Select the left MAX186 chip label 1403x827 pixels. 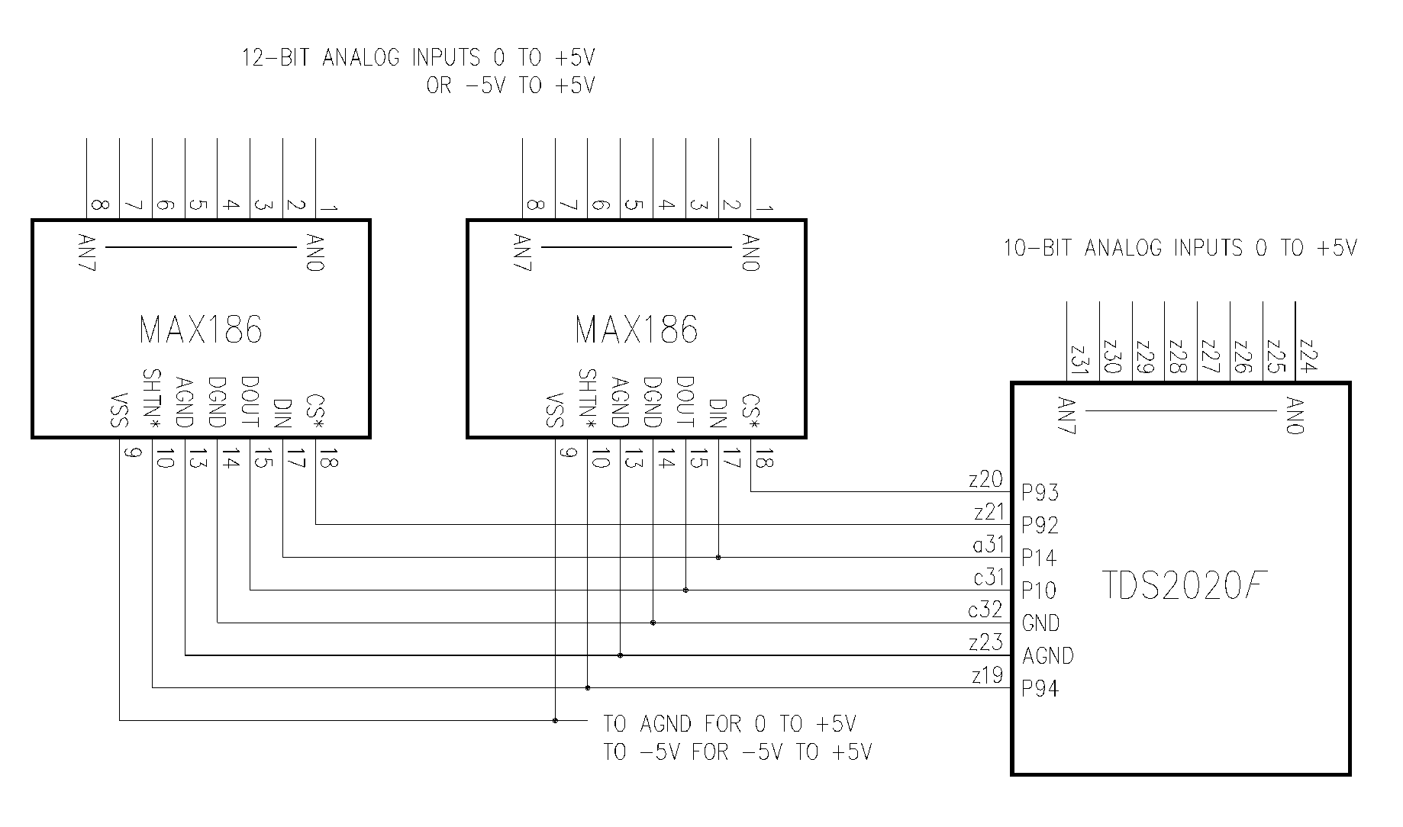click(x=201, y=330)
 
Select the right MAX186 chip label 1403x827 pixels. click(x=637, y=330)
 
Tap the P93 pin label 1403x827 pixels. click(x=1040, y=493)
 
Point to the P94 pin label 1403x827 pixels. click(x=1040, y=689)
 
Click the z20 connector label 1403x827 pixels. click(x=985, y=479)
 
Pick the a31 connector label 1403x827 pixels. click(x=988, y=544)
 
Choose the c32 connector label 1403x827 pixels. click(x=985, y=610)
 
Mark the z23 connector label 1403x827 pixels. click(x=985, y=642)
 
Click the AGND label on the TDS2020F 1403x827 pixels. click(x=1048, y=656)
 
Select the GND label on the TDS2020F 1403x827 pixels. click(x=1040, y=623)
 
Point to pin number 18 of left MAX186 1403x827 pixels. click(x=328, y=461)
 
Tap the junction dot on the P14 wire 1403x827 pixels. click(x=718, y=558)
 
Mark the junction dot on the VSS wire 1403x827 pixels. click(x=555, y=720)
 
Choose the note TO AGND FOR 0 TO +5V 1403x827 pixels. click(x=730, y=723)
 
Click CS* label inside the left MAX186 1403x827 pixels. click(x=315, y=412)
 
